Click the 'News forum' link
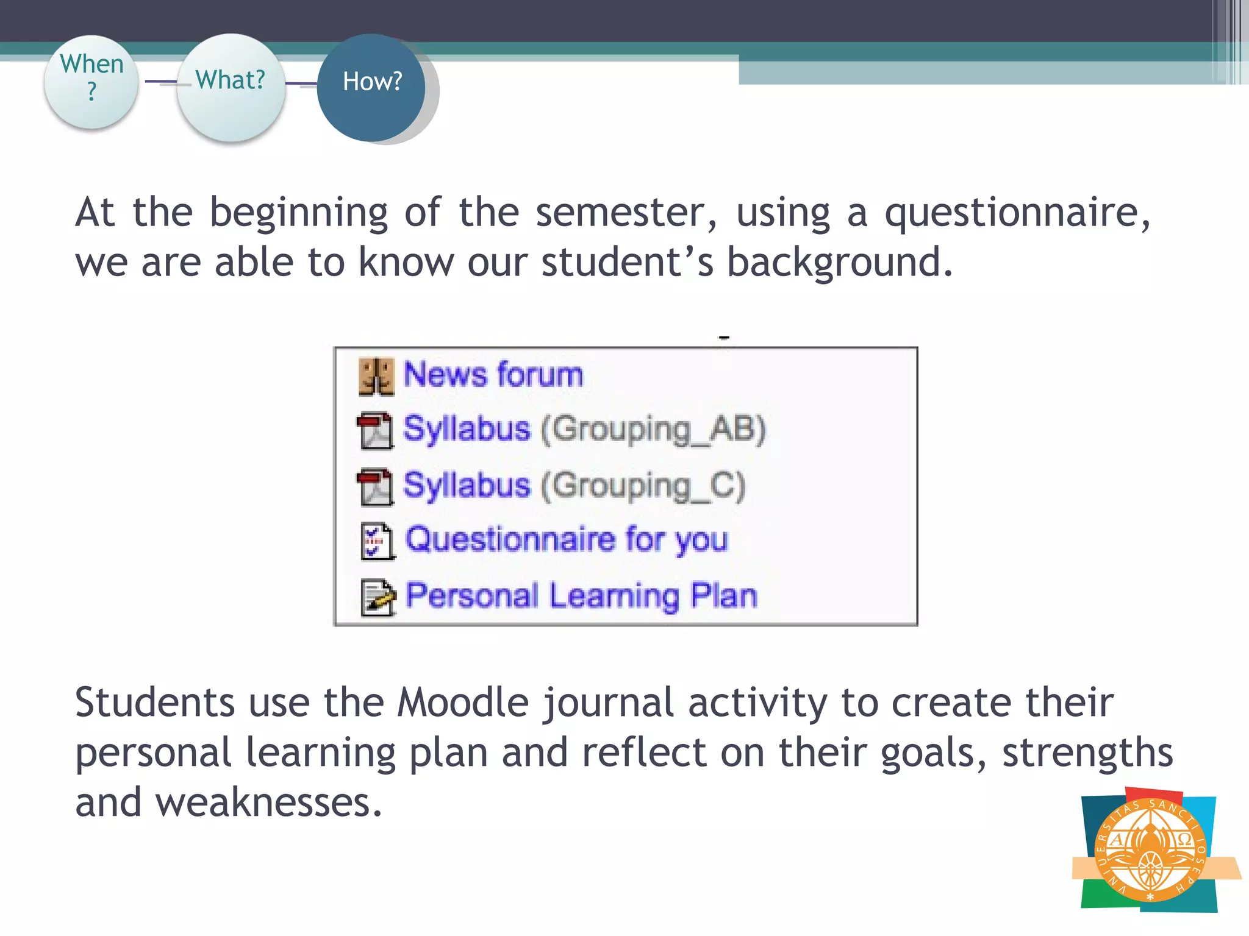(493, 374)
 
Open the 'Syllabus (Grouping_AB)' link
(584, 429)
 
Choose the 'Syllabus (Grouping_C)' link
(574, 486)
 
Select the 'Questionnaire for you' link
(567, 540)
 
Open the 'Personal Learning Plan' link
(581, 595)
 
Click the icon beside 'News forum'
(376, 377)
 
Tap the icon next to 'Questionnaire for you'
(377, 541)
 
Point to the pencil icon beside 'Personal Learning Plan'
(378, 597)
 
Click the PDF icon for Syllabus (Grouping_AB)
(375, 431)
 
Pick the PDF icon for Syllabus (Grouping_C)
(375, 487)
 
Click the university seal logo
(1150, 851)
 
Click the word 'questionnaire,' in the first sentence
(1017, 213)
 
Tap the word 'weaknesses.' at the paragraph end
(268, 803)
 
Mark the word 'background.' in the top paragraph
(840, 263)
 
